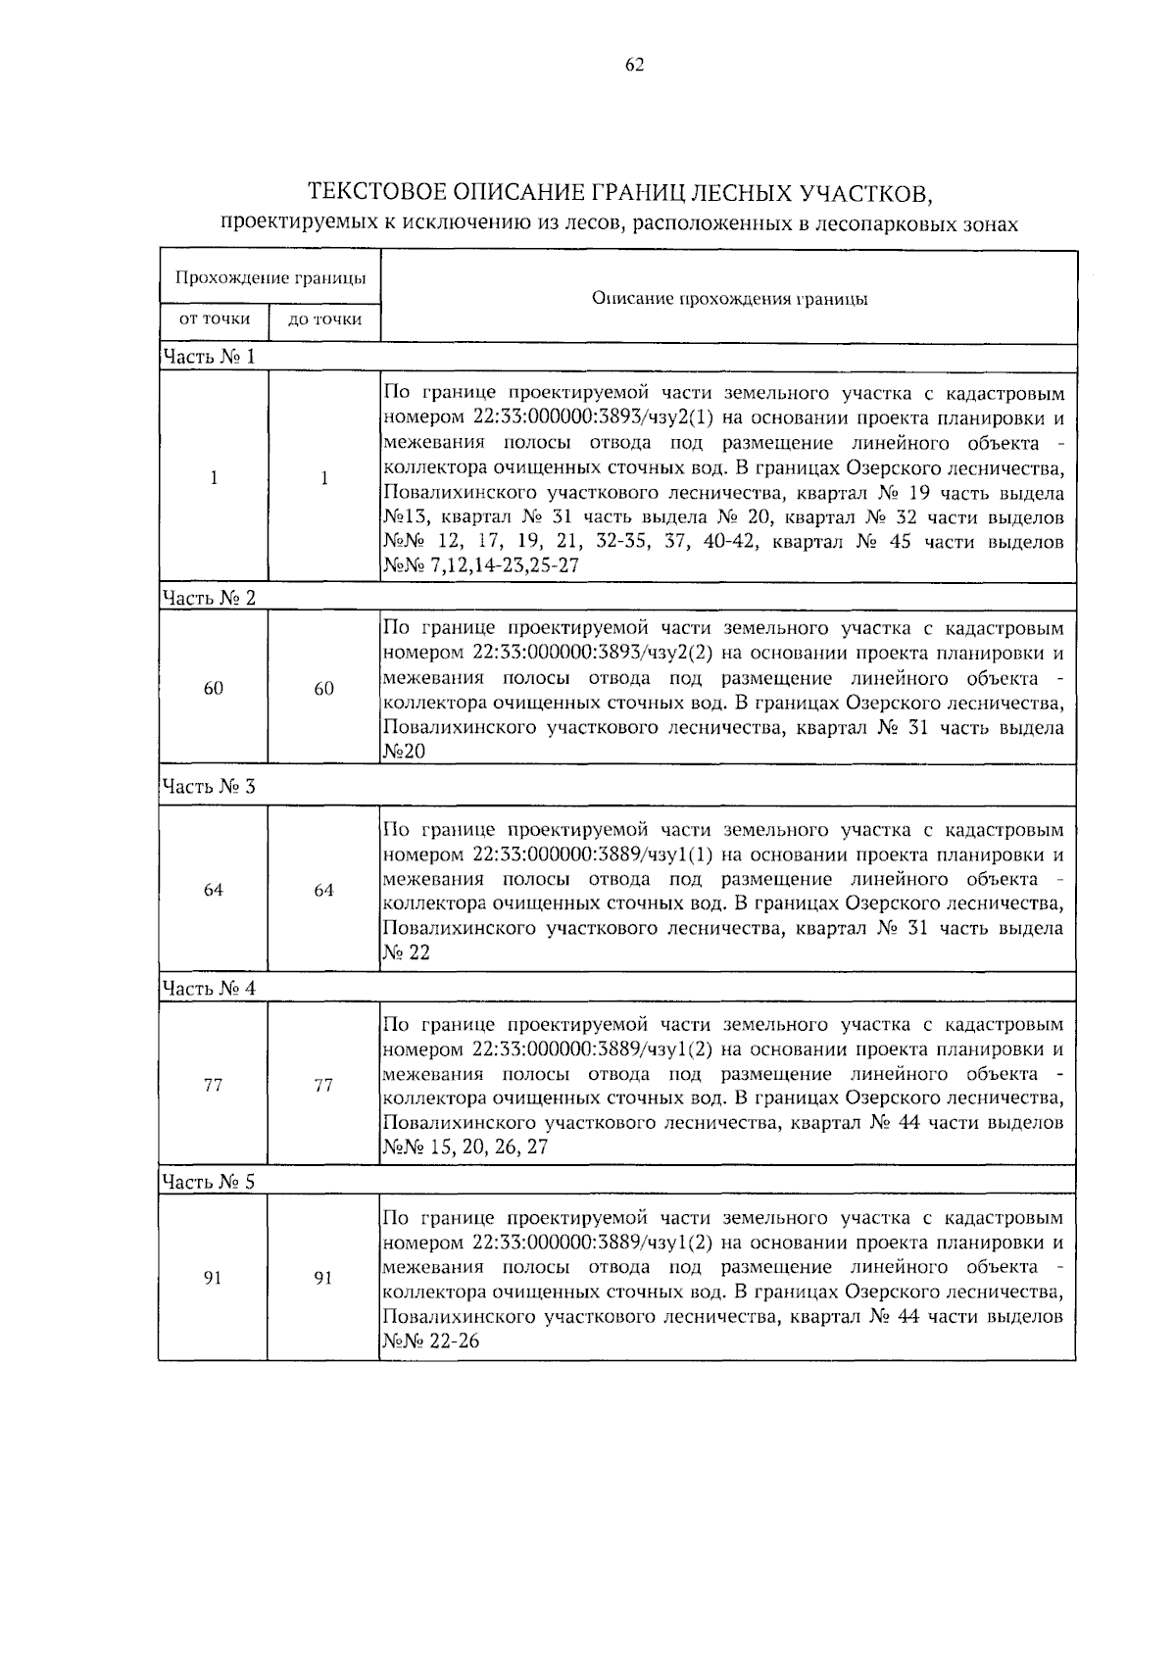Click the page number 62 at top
(x=634, y=65)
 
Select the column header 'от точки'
(x=213, y=318)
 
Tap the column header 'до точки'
(x=324, y=319)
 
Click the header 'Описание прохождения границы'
(x=729, y=298)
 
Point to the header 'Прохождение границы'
(x=270, y=277)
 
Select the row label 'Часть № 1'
(x=209, y=357)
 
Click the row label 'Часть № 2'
(x=209, y=598)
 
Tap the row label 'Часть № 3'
(x=209, y=787)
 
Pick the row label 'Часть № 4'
(x=209, y=989)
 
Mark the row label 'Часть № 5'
(x=209, y=1182)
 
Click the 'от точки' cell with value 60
(x=213, y=689)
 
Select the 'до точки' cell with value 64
(x=323, y=891)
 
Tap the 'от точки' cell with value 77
(x=213, y=1086)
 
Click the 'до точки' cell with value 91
(x=323, y=1279)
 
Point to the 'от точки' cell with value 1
(x=213, y=478)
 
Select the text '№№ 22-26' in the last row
(x=431, y=1342)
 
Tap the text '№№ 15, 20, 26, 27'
(x=465, y=1147)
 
